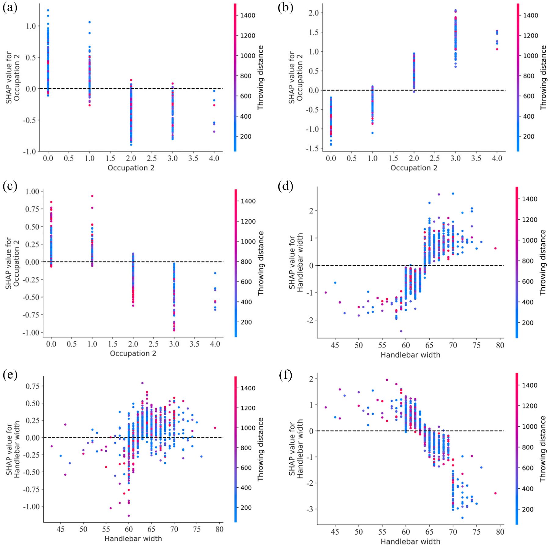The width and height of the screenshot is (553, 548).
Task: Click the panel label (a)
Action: click(10, 7)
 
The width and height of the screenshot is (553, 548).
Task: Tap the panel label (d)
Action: click(286, 186)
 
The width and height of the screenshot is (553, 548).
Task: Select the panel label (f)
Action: click(286, 374)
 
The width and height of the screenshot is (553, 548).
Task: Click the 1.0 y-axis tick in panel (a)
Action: click(31, 26)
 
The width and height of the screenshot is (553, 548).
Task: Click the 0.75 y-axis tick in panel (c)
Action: click(32, 209)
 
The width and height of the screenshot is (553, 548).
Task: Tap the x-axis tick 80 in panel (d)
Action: click(500, 345)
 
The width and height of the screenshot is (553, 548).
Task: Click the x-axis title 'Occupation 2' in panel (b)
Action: click(414, 168)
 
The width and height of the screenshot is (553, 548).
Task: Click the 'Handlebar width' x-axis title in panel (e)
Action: click(133, 539)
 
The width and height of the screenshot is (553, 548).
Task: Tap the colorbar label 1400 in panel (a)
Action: click(248, 15)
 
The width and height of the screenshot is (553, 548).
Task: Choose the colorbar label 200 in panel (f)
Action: click(527, 509)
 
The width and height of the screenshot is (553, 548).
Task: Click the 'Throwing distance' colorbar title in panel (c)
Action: click(260, 263)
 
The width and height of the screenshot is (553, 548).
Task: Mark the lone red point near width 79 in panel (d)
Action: click(495, 248)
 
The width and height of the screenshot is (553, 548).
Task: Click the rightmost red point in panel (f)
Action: click(495, 493)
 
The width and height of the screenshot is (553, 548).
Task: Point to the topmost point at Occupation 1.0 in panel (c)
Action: click(92, 196)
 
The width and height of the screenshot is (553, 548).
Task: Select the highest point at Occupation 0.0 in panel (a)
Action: click(48, 10)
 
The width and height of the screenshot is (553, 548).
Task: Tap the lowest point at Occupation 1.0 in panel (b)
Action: click(373, 133)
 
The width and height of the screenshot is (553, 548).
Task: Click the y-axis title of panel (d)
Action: click(296, 262)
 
